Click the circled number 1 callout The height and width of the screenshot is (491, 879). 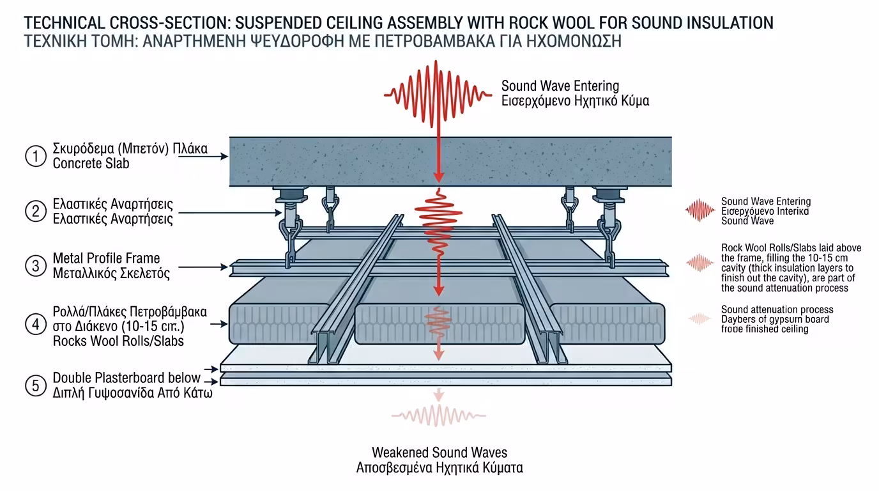(36, 157)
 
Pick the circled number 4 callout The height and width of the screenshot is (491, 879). (36, 324)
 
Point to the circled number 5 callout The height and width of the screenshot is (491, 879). (36, 385)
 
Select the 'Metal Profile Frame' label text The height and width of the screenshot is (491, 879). (106, 258)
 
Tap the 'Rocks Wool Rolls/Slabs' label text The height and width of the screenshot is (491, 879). (118, 341)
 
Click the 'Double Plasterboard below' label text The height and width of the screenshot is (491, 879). (126, 377)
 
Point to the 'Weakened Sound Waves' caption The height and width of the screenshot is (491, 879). (439, 453)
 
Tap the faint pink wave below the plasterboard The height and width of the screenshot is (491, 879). (438, 416)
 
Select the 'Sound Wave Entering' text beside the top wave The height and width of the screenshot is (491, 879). (560, 86)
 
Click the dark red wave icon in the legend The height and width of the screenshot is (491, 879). (699, 210)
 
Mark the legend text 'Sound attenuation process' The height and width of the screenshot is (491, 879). (777, 310)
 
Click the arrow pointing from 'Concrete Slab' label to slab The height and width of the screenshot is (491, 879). (204, 155)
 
